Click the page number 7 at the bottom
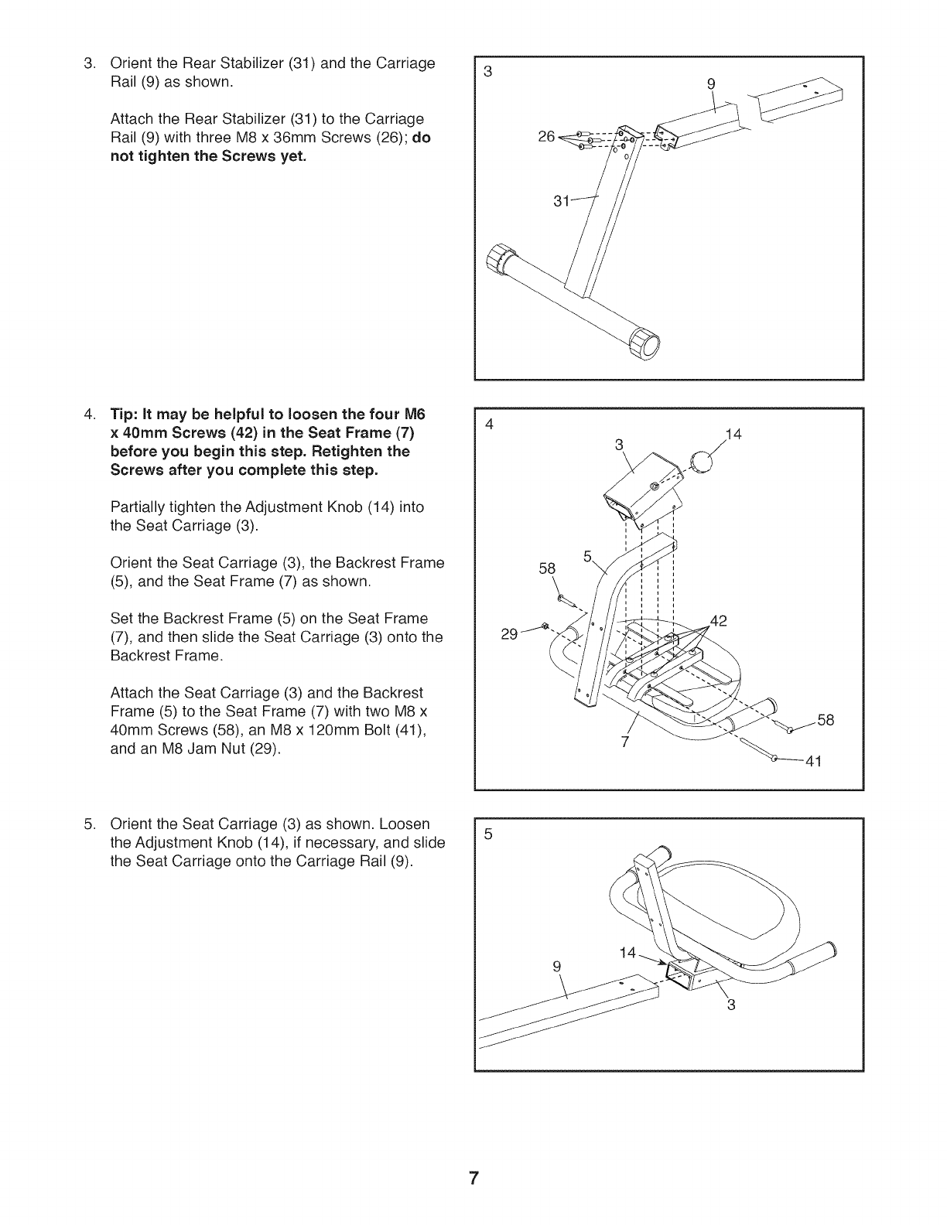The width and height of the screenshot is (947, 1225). [473, 1179]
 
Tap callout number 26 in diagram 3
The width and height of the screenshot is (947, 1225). [546, 138]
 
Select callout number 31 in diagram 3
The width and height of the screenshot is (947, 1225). [562, 202]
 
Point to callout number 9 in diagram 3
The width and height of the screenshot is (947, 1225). [712, 84]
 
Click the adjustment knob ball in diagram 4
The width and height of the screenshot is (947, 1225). [701, 463]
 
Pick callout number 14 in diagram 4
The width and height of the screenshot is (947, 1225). [733, 435]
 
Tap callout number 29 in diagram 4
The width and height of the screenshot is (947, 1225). [509, 635]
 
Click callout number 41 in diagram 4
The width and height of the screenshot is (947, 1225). [812, 762]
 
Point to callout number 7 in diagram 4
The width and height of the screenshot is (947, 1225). [625, 743]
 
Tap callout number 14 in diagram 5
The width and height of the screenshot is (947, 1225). [627, 954]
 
